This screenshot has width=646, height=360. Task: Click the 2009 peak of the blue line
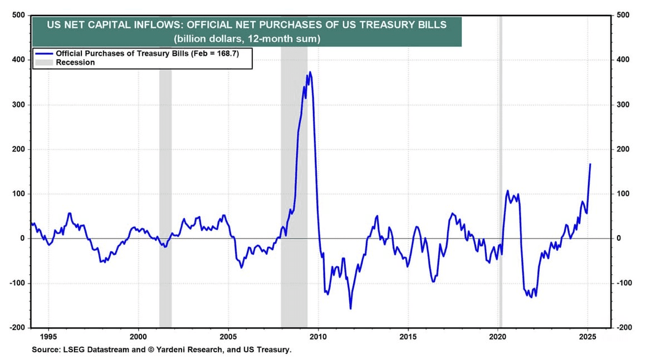pos(310,72)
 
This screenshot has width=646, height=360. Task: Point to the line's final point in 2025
pos(590,164)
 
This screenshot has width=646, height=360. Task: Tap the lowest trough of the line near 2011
pos(350,308)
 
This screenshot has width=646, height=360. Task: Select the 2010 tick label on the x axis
pos(318,336)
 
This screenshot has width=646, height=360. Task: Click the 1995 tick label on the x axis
pos(48,336)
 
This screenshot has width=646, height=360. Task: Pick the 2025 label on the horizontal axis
pos(588,336)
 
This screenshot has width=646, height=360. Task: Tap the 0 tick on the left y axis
pos(23,239)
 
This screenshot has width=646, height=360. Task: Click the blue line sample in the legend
pos(44,53)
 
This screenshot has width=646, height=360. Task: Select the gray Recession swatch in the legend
pos(44,62)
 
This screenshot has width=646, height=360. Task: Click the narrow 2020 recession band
pos(501,167)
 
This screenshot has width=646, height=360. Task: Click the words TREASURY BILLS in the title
pos(402,25)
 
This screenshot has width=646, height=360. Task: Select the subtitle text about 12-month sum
pos(246,39)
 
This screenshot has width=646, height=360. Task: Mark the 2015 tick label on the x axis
pos(408,336)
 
